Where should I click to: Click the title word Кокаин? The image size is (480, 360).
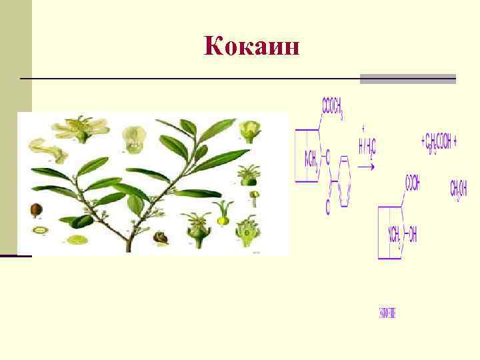click(x=253, y=46)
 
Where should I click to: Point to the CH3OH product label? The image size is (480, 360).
click(x=459, y=189)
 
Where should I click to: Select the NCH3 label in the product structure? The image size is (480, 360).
click(x=393, y=235)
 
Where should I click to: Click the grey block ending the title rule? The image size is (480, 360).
click(x=407, y=79)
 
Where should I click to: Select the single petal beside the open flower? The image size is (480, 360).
click(x=49, y=151)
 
